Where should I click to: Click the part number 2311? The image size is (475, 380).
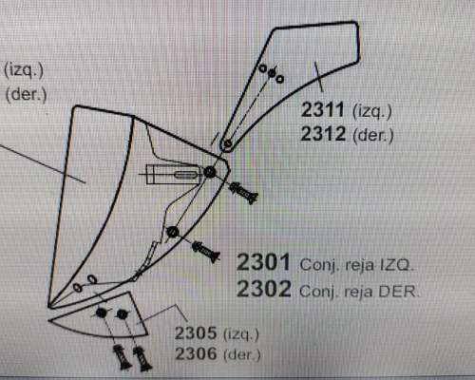point(322,109)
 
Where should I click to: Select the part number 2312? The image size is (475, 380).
point(323,134)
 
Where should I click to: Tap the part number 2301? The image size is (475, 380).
point(263,262)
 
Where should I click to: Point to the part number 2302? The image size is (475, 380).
point(264,289)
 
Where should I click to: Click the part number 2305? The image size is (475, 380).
point(196,332)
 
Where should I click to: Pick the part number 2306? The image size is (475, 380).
point(197,353)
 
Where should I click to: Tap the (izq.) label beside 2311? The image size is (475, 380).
point(372,111)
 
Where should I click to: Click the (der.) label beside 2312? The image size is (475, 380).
point(373,136)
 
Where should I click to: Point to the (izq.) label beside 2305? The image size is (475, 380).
point(241,334)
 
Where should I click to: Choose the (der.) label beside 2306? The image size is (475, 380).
point(242,354)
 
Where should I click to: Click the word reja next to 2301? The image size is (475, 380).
point(359,265)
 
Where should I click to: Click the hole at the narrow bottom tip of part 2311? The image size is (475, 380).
point(227,144)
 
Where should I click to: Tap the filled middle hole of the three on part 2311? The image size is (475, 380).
point(272,74)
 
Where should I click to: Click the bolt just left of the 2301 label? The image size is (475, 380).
point(206,252)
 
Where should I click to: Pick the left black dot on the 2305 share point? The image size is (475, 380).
point(101,313)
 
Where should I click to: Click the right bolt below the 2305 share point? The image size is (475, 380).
point(142,358)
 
